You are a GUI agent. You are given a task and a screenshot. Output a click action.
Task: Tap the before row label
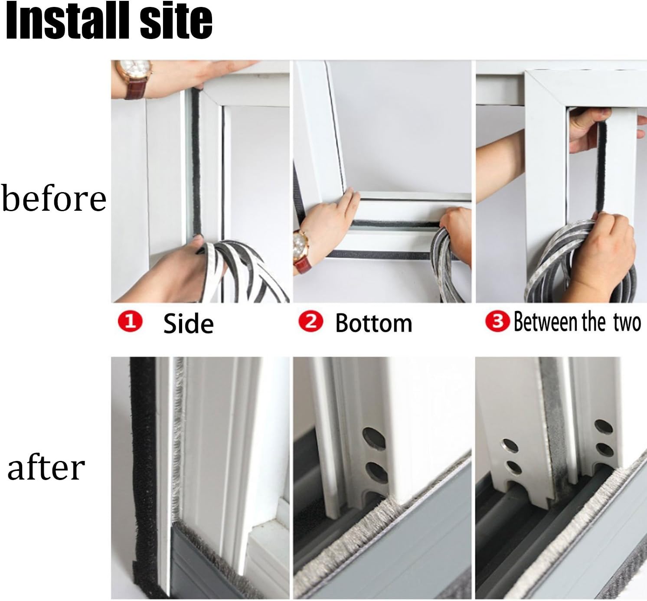coord(54,199)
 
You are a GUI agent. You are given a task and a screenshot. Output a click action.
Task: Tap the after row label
coord(46,468)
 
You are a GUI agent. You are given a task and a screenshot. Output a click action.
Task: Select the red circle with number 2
coord(311,322)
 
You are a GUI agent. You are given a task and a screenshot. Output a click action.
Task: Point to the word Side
coord(188,323)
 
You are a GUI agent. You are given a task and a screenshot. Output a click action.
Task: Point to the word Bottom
coord(373,323)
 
